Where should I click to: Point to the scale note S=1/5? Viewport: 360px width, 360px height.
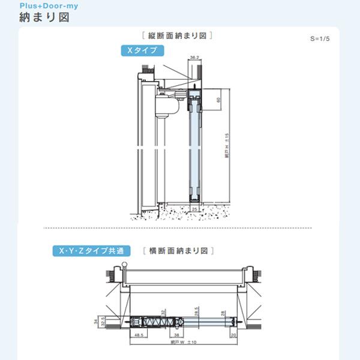321,38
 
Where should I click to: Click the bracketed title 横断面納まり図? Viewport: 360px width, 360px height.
178,251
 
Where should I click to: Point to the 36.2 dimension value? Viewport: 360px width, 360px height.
194,58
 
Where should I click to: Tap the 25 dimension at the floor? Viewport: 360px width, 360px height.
194,208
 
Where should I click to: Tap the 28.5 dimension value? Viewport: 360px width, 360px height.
196,310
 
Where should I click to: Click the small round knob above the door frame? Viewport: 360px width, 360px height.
123,264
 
